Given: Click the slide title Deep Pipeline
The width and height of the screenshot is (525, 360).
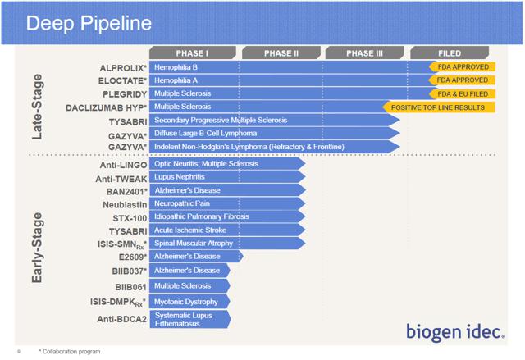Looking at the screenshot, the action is pos(89,23).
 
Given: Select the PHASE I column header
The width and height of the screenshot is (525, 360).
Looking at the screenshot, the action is pos(193,52).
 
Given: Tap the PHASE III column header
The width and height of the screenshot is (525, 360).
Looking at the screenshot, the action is pos(364,52).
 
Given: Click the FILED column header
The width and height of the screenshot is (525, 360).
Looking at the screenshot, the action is pos(450,52).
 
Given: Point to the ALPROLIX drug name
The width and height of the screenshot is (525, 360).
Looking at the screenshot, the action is pos(123,68).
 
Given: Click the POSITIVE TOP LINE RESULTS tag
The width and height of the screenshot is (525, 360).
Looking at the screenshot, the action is pos(439,107).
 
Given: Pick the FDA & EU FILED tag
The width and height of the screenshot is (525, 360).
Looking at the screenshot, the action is pos(462,94).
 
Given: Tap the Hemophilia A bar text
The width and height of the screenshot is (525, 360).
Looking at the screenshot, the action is pos(176,80).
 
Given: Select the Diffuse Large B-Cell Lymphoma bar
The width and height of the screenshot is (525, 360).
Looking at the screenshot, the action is pos(275,133).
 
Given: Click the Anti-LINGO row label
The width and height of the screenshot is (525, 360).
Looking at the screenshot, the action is pos(123,165).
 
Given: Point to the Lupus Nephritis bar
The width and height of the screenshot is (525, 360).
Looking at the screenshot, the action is pos(227,176).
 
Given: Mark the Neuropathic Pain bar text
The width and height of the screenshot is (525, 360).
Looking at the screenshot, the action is pos(182,203).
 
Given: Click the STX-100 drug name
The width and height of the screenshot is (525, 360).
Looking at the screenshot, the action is pos(130,218).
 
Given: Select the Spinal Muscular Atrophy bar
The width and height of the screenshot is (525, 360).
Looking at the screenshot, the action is pos(227,244).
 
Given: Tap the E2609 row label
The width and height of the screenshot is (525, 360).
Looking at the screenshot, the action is pos(133,257).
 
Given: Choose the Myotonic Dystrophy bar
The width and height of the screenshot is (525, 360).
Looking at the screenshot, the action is pos(189,302).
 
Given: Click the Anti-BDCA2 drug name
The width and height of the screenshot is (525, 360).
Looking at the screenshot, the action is pos(122,319).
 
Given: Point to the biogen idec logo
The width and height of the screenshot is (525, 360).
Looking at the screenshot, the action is pos(455,332).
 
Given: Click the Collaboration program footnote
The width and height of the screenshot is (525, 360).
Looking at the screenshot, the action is pos(70,352).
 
